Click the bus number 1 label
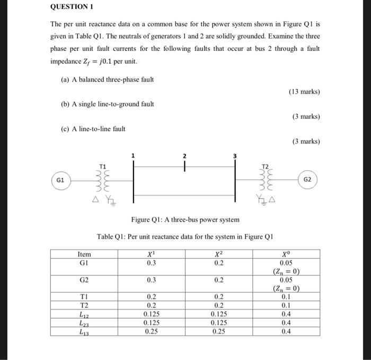[133, 156]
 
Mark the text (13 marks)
[304, 91]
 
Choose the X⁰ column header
[286, 254]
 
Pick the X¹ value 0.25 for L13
[152, 331]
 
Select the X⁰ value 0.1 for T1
[286, 297]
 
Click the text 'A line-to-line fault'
[93, 128]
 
